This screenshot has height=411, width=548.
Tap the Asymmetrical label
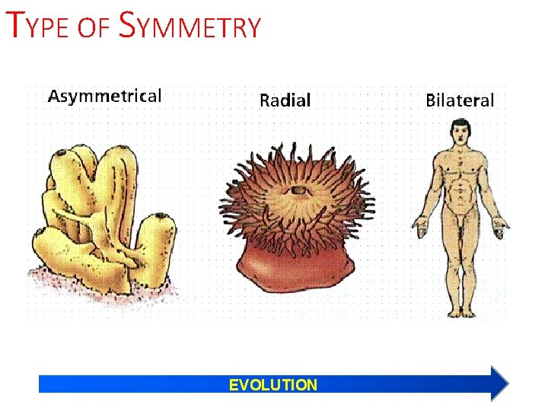pos(105,96)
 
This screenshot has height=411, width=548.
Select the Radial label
pos(285,100)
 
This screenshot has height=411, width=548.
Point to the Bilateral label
pos(459,100)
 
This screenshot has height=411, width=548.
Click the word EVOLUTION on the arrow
pos(273,385)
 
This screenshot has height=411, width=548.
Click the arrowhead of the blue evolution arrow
pos(499,384)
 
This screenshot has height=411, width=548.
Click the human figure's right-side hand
pos(500,224)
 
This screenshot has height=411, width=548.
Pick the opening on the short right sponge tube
pos(159,220)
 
